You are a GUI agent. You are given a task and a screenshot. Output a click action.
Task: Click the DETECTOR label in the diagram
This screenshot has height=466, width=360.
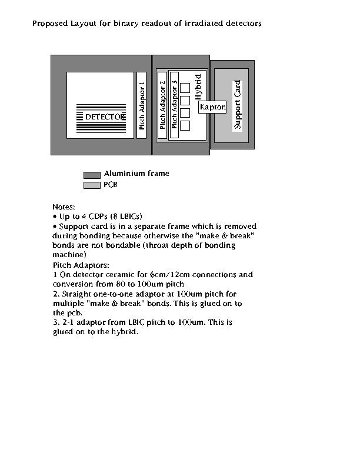[x=104, y=117]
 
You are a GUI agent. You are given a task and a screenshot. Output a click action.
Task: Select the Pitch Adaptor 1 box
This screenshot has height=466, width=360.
[x=141, y=105]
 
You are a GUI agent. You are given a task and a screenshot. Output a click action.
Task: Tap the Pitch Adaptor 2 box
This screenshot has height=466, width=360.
[x=162, y=105]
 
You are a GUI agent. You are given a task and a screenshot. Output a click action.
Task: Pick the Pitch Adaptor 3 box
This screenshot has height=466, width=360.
[x=174, y=105]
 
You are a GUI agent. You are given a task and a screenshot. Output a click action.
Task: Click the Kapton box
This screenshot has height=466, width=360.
[x=212, y=107]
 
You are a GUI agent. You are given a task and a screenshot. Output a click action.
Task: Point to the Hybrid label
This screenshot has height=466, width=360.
[x=198, y=86]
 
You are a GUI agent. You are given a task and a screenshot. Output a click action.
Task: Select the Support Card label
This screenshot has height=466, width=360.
[x=237, y=105]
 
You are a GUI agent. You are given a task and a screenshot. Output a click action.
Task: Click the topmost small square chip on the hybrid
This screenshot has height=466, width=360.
[x=185, y=88]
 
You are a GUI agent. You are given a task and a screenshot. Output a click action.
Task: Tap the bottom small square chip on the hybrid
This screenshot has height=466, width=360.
[x=185, y=125]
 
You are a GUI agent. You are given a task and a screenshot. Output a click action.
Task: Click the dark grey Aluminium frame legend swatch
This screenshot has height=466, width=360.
[x=92, y=175]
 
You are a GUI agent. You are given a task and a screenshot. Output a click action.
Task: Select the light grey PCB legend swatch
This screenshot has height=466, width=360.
[x=92, y=185]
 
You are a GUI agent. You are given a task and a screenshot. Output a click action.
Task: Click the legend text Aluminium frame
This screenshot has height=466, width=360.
[x=136, y=173]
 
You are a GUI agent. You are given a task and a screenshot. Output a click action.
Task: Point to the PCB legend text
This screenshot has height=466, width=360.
[x=111, y=185]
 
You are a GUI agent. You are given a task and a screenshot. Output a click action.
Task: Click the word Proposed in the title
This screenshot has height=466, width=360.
[x=50, y=24]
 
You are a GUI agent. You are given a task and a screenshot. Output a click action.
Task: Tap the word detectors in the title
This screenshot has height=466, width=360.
[x=244, y=23]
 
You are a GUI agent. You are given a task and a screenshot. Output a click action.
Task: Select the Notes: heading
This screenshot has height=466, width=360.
[x=64, y=207]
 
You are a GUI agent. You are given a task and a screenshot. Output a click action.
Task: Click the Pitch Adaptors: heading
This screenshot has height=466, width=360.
[x=81, y=265]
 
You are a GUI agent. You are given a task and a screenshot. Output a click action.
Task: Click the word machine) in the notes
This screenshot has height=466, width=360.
[x=69, y=255]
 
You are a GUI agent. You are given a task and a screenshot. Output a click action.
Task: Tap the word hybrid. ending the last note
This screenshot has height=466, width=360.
[x=125, y=332]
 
